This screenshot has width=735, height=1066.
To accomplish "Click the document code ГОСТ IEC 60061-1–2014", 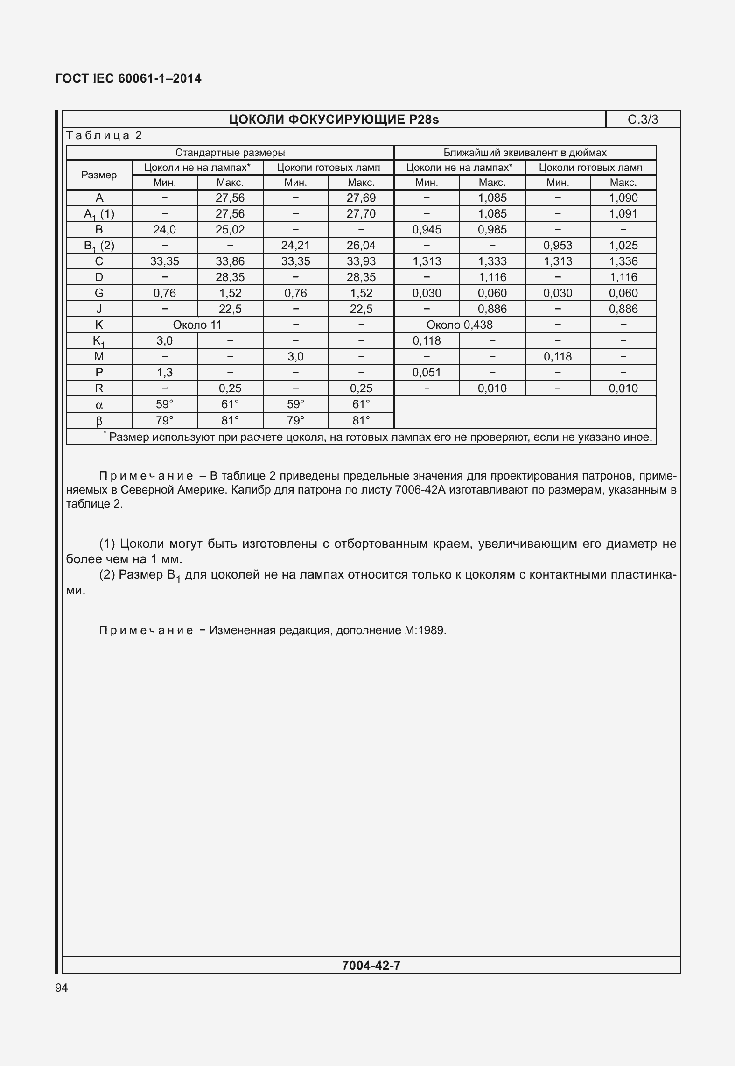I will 128,78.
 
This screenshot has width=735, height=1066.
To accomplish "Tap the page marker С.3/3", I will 643,120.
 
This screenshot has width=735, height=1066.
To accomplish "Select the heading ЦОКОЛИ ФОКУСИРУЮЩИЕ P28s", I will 334,120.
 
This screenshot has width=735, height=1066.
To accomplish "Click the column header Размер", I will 99,175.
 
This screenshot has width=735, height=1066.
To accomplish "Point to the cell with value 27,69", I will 361,198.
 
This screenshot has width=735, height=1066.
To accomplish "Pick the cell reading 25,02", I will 230,230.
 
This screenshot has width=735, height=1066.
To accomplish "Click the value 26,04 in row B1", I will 361,246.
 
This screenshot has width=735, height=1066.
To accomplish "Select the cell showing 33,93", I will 361,261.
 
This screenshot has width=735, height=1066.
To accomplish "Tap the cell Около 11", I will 197,325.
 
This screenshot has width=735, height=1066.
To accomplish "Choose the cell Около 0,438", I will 459,325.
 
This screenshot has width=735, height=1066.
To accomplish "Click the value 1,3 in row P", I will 164,373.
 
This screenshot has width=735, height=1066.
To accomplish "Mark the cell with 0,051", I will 427,373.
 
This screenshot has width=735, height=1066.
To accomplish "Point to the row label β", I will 99,421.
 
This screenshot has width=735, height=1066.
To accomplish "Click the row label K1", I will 99,341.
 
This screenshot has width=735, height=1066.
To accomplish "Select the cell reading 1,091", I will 623,214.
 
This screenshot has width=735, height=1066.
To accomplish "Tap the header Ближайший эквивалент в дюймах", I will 525,153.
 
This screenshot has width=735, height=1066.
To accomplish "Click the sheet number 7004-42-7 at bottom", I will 371,966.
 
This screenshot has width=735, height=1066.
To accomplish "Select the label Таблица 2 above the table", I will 104,135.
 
